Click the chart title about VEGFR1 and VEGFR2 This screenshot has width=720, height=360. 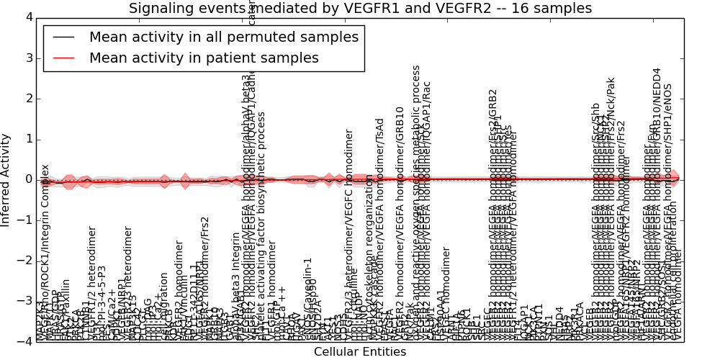point(360,9)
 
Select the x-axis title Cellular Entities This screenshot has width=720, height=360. point(359,351)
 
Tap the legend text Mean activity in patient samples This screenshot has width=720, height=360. point(204,58)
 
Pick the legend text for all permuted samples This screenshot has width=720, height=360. point(223,37)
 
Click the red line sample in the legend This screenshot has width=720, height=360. point(63,58)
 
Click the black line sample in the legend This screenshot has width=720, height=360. point(63,37)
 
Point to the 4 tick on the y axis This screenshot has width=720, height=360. point(27,17)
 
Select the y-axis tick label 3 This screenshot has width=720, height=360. point(27,58)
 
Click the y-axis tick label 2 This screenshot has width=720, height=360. point(27,99)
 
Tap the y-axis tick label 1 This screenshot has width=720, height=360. point(27,139)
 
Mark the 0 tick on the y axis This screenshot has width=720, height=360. point(27,179)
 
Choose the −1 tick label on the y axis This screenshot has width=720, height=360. point(24,220)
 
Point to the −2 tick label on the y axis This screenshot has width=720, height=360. point(24,261)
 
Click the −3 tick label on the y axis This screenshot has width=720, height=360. point(24,301)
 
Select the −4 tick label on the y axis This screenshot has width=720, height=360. point(24,341)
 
